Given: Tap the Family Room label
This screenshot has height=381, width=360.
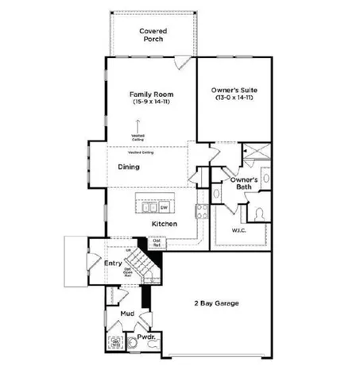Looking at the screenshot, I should (152, 94).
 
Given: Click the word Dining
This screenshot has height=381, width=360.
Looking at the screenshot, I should (129, 167).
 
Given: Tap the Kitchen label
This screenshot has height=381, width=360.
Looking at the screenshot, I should (164, 225).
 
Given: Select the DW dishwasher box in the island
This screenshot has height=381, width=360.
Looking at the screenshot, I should (165, 207).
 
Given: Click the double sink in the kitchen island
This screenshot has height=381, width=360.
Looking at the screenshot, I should (149, 207).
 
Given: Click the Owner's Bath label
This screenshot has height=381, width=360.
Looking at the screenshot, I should (242, 184).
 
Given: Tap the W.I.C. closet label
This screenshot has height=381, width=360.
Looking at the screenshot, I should (239, 232).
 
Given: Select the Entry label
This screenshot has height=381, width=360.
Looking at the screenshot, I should (112, 263).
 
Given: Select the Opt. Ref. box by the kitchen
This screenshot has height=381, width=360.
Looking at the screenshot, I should (157, 243).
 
